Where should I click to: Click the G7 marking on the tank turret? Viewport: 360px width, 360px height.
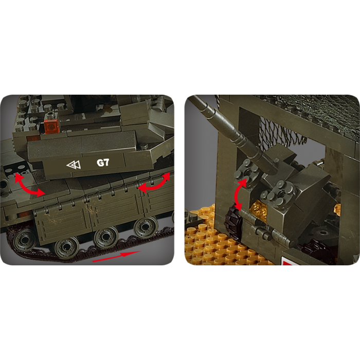coord(103,163)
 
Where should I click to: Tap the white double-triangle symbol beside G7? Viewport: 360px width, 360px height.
coord(74,165)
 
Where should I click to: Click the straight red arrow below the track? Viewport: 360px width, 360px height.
coord(116,256)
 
